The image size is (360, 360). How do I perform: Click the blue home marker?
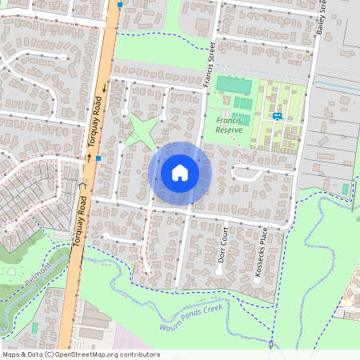coord(180,172)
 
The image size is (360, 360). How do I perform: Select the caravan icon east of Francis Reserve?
coord(277,116)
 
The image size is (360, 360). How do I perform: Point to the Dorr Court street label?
coord(224,250)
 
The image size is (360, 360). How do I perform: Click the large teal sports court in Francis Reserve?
coord(233,84)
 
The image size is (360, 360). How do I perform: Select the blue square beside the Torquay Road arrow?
coord(98,158)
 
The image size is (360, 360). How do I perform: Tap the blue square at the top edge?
coord(120,5)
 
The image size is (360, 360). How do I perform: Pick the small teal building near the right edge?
coord(346,190)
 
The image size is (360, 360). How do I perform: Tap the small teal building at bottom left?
coord(34,328)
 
